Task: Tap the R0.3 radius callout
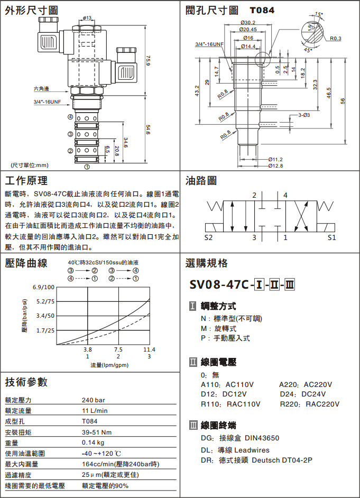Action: pos(336,39)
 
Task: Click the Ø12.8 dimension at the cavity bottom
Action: pos(275,166)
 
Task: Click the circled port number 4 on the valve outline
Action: pos(70,117)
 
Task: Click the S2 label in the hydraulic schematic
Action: pos(208,237)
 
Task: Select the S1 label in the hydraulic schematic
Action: pos(332,237)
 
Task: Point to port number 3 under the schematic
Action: pos(254,237)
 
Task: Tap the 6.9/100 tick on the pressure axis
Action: pos(43,287)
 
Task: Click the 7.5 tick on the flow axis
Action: pos(118,349)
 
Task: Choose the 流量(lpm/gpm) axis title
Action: pos(109,365)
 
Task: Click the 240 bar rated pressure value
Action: pos(93,400)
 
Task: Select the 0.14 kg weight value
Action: pos(93,442)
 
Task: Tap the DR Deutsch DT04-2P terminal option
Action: pos(257,460)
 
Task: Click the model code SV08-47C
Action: pos(220,284)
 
